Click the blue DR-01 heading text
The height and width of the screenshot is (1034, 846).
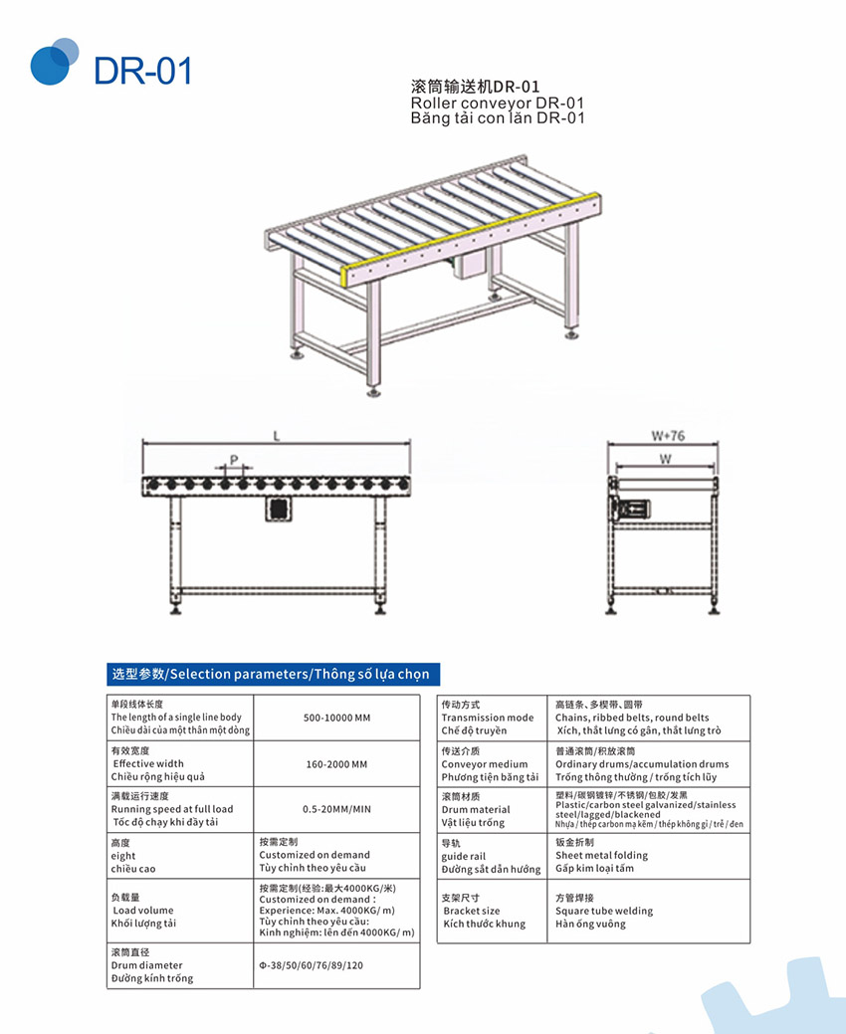[142, 71]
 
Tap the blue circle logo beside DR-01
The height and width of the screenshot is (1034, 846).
[54, 62]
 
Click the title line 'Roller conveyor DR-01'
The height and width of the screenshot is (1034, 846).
[497, 103]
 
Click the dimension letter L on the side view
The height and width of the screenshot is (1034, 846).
[277, 436]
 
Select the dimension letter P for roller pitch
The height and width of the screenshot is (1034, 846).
[233, 459]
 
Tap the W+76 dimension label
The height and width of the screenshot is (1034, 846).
[667, 436]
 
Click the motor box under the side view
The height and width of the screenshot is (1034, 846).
[279, 508]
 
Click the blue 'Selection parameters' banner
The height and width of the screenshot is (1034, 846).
[272, 674]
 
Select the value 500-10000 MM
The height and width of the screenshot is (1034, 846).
[335, 718]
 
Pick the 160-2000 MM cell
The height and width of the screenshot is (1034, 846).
[335, 764]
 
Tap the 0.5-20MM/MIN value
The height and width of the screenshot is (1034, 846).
[335, 809]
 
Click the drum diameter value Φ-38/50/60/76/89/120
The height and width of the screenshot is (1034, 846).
[311, 965]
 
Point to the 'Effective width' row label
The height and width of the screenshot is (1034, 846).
[149, 764]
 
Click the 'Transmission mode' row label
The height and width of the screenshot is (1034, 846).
[488, 718]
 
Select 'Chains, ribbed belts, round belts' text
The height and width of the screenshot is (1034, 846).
[632, 718]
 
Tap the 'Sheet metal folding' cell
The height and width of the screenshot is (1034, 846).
[601, 855]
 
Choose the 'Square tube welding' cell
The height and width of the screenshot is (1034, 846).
[604, 911]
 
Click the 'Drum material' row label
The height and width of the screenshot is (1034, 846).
[476, 809]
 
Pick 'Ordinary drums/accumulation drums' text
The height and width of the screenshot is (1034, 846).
[642, 764]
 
